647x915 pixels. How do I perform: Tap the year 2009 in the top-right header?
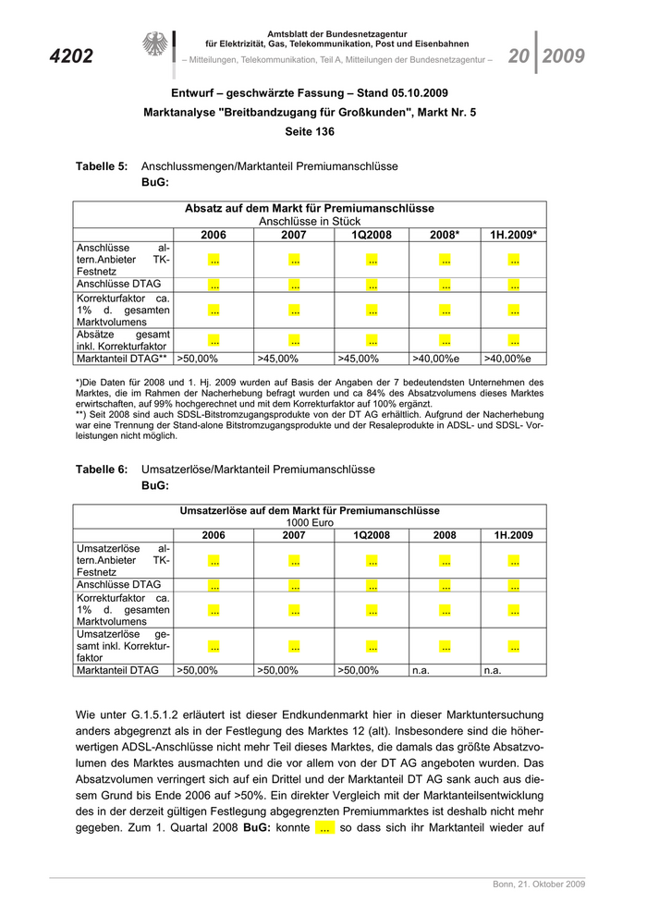[x=563, y=56]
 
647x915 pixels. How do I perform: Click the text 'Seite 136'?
[x=310, y=132]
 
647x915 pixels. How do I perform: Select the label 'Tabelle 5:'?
[x=102, y=166]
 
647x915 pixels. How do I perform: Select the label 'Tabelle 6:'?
[x=102, y=470]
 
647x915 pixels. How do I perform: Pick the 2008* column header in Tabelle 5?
[x=445, y=235]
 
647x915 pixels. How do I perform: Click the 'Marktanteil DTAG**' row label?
[x=122, y=358]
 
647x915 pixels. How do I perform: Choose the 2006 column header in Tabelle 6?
[x=214, y=535]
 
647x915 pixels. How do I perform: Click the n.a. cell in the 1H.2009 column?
[x=493, y=670]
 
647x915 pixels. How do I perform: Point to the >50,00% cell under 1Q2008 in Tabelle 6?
[x=360, y=670]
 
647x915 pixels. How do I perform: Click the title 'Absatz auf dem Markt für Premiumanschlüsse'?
[x=310, y=209]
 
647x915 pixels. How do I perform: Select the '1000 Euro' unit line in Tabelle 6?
[x=310, y=522]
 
